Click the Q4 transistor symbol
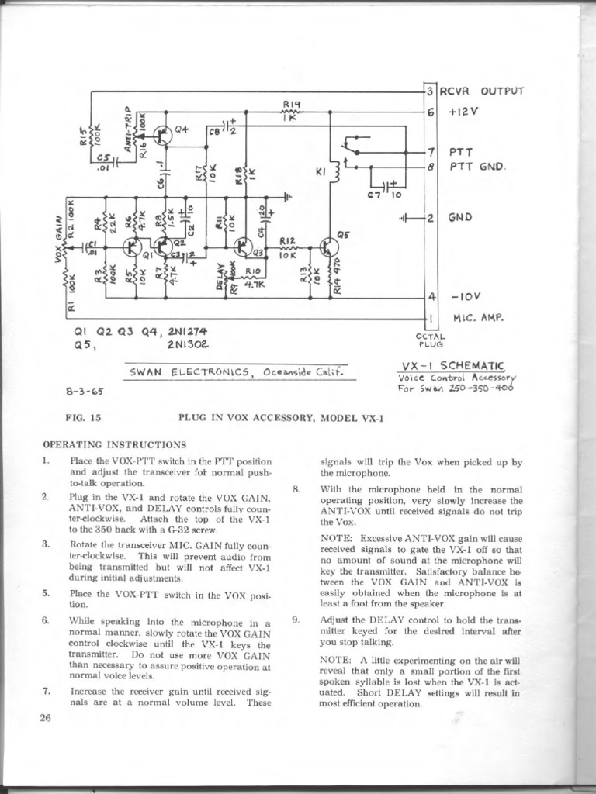[x=163, y=135]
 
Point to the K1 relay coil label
[x=320, y=172]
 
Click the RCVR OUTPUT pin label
[x=482, y=91]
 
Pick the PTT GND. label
[x=477, y=166]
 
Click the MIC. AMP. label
[x=476, y=316]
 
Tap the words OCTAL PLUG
[x=431, y=340]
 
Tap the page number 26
[x=44, y=718]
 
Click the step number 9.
[x=296, y=620]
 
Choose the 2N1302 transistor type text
[x=188, y=343]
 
